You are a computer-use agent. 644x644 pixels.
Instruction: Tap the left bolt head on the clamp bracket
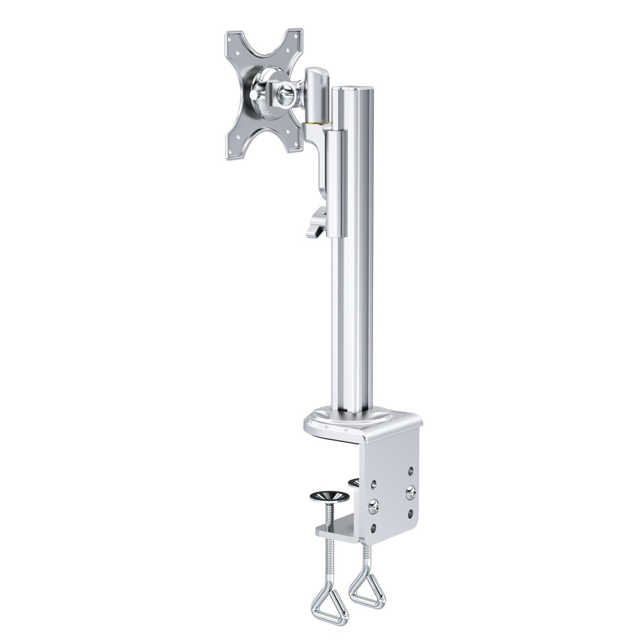click(x=374, y=504)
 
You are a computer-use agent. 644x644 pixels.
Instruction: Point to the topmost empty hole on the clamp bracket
click(x=411, y=470)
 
